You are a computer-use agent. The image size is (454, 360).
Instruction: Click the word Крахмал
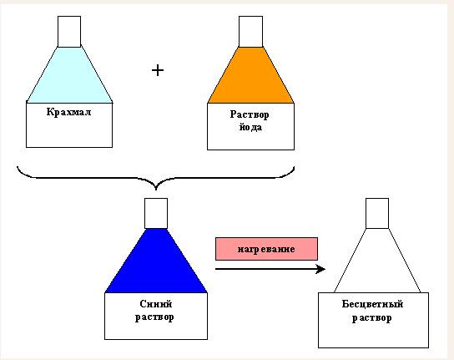69,112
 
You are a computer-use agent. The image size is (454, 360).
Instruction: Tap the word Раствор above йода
250,114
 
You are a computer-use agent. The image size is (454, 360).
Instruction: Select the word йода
250,127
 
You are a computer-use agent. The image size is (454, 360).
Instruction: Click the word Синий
156,304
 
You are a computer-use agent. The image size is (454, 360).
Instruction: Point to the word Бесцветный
372,304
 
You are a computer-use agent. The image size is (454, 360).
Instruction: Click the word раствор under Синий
154,317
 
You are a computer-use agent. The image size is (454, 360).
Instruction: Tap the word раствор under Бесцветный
371,318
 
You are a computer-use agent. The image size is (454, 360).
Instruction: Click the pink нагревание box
266,249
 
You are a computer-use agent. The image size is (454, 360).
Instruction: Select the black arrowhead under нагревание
320,269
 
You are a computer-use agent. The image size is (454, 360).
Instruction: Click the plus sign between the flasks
158,70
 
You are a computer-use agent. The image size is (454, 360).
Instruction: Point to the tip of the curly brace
156,190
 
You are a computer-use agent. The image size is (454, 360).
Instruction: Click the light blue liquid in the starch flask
69,75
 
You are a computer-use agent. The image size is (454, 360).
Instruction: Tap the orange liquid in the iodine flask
250,75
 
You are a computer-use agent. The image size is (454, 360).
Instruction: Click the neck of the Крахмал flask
69,32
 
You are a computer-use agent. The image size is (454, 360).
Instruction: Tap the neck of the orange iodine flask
250,32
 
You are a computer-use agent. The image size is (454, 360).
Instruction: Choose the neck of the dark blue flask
156,213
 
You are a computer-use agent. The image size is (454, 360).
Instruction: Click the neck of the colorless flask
377,213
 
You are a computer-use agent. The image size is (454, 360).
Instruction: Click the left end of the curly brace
18,167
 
